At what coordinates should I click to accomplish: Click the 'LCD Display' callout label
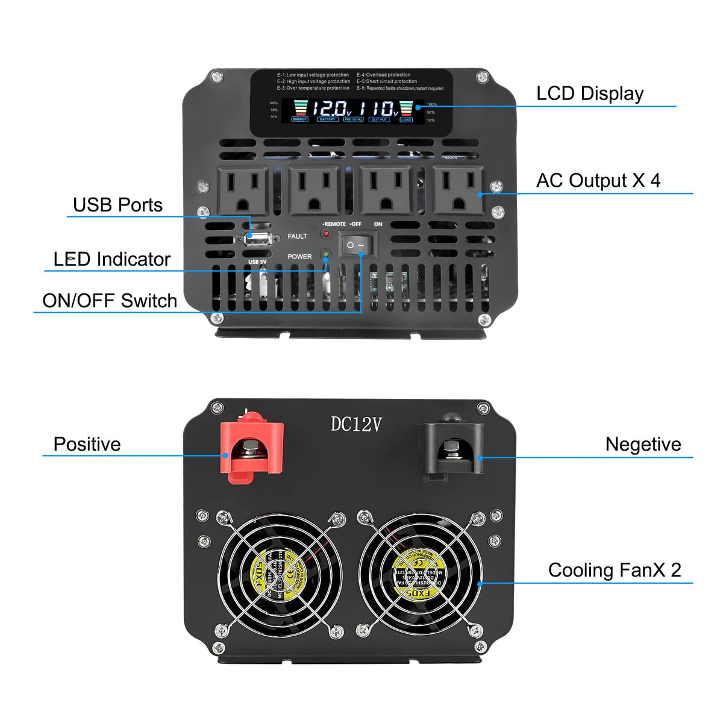tap(590, 93)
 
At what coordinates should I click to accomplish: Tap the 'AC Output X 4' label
tap(598, 180)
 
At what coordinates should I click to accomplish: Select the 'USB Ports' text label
tap(117, 205)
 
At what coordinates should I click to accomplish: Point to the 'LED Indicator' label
tap(112, 259)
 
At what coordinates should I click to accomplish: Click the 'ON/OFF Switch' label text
tap(110, 301)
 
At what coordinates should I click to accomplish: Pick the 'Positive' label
tap(87, 444)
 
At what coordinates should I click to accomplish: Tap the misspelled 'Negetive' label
tap(643, 444)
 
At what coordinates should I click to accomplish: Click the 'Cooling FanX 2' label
tap(615, 570)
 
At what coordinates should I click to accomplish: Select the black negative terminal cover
tap(451, 449)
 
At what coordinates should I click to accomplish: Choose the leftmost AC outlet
tap(243, 190)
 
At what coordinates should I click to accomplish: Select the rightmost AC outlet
tap(458, 190)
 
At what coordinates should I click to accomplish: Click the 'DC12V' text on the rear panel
tap(355, 425)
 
